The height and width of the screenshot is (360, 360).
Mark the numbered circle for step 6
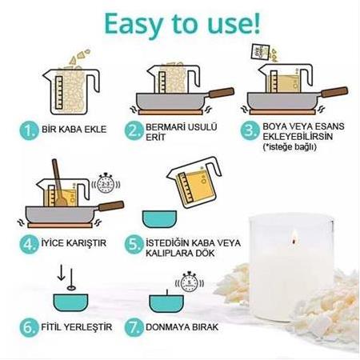coord(30,328)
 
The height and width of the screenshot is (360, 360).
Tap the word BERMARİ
coord(167,126)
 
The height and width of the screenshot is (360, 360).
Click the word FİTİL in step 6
coord(54,328)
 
